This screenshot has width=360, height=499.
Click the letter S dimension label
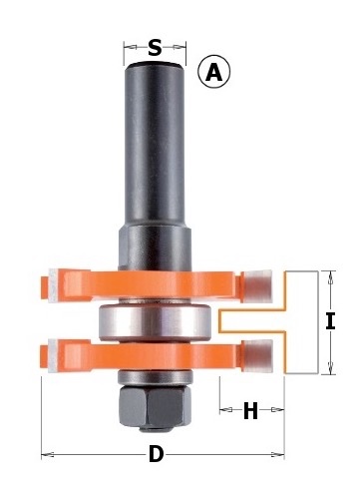(155, 47)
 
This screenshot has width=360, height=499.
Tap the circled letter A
(213, 72)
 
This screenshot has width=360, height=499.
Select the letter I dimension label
(330, 322)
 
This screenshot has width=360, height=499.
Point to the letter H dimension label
(250, 410)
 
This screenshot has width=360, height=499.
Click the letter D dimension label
(156, 454)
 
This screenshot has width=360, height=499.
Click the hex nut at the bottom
(155, 406)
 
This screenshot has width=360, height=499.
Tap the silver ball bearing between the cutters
(155, 322)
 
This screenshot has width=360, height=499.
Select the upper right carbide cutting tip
(258, 286)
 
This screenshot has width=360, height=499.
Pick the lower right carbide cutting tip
(258, 355)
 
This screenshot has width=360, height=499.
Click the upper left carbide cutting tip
(53, 285)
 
